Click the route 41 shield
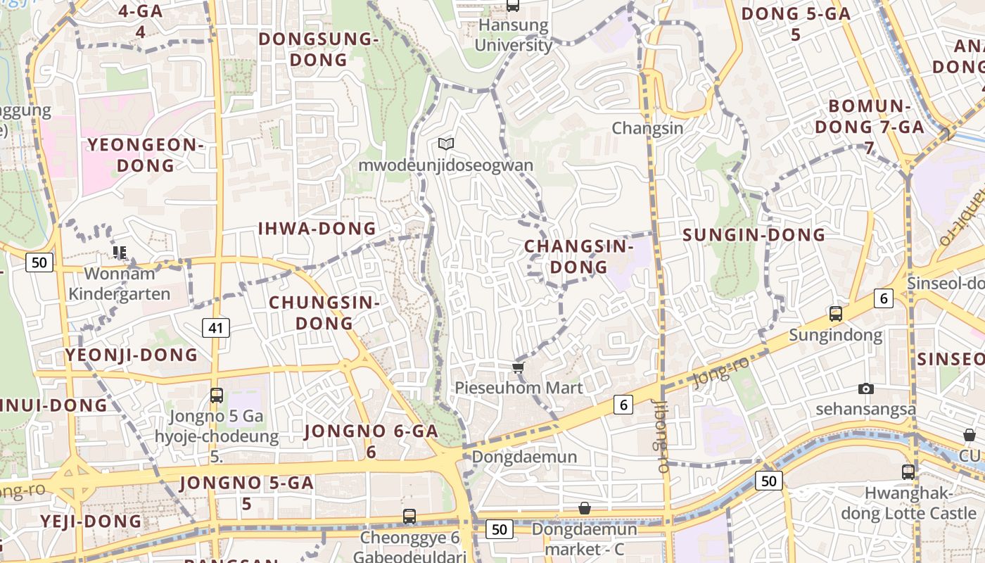216,327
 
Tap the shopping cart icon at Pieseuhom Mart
519,367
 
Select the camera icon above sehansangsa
866,388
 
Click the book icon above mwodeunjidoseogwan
445,144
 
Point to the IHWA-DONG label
317,229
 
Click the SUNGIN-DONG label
754,235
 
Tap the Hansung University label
513,35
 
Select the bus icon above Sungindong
836,314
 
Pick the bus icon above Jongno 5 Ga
217,396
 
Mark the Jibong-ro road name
661,436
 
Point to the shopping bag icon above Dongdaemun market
585,508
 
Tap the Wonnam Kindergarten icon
119,252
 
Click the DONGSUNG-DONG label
319,49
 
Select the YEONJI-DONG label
132,355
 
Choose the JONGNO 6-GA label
371,441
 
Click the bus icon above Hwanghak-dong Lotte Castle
908,472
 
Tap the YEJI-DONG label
91,521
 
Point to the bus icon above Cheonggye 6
409,517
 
